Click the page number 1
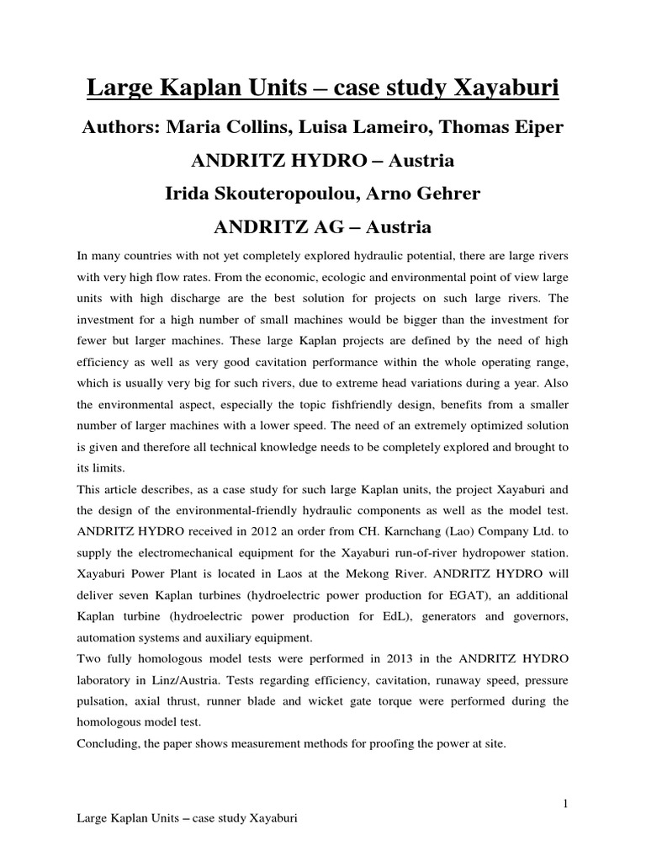point(566,805)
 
